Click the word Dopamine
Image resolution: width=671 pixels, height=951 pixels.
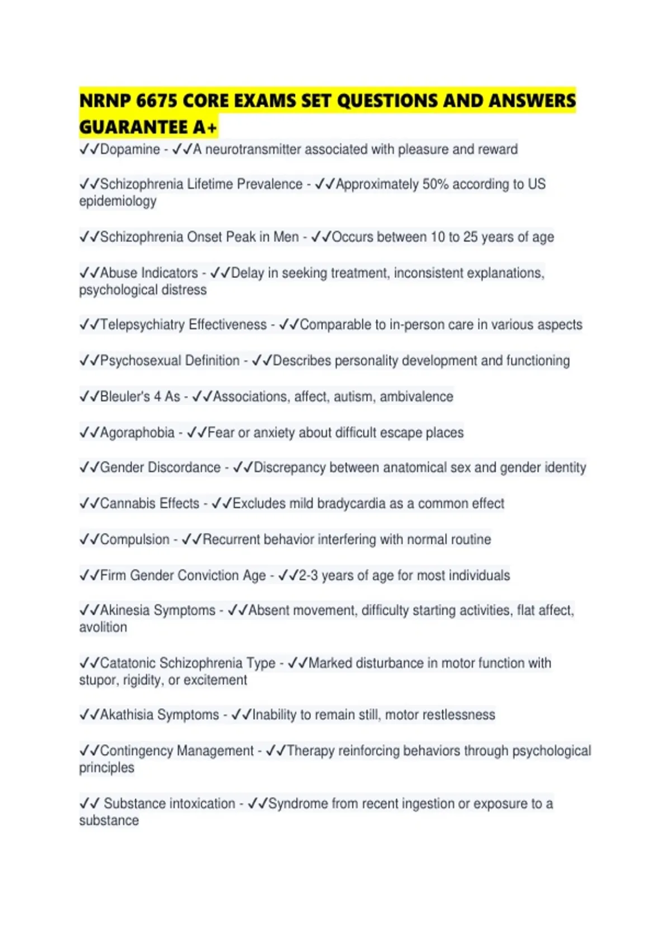point(130,149)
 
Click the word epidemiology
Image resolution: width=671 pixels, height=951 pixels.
point(117,201)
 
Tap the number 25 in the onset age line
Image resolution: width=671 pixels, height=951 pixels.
point(470,237)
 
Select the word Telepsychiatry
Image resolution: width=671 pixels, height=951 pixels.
point(142,324)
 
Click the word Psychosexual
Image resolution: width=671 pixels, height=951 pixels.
point(140,361)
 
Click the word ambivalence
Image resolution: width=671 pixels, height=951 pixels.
point(417,397)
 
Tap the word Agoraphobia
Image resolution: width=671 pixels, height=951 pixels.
point(137,433)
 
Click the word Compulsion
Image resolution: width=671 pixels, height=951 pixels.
point(134,540)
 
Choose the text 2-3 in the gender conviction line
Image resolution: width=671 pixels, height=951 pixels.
point(308,576)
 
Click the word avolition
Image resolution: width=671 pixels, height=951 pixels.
point(103,627)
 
